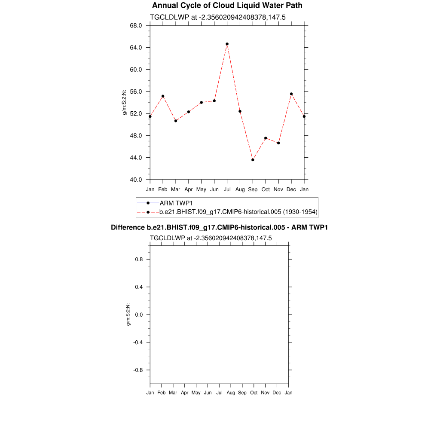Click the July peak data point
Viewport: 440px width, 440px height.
click(x=227, y=44)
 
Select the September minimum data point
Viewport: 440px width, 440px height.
click(x=253, y=160)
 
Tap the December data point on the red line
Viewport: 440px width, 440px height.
click(x=291, y=94)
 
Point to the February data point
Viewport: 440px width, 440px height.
click(x=163, y=96)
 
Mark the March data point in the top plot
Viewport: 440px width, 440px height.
click(x=176, y=121)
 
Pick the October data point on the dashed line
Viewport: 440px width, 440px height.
click(x=266, y=138)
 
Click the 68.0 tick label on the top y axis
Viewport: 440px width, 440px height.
click(x=136, y=25)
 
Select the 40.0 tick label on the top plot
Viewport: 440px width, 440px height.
click(x=136, y=180)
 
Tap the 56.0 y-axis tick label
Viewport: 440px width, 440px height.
click(x=136, y=92)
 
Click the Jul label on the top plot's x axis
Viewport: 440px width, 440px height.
click(x=227, y=189)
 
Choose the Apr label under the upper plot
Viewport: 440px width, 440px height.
click(x=188, y=189)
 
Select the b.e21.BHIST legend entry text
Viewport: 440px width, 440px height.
click(x=238, y=211)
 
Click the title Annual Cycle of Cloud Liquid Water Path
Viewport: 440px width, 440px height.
click(x=227, y=6)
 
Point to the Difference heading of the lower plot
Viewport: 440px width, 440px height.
click(x=219, y=227)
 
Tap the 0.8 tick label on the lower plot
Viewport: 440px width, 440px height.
click(x=139, y=259)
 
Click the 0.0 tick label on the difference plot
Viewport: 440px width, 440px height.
click(x=139, y=315)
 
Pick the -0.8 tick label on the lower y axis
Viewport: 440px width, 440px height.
click(x=138, y=370)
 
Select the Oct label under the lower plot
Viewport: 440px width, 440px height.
click(x=254, y=393)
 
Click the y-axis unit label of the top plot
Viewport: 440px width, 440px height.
click(x=125, y=102)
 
